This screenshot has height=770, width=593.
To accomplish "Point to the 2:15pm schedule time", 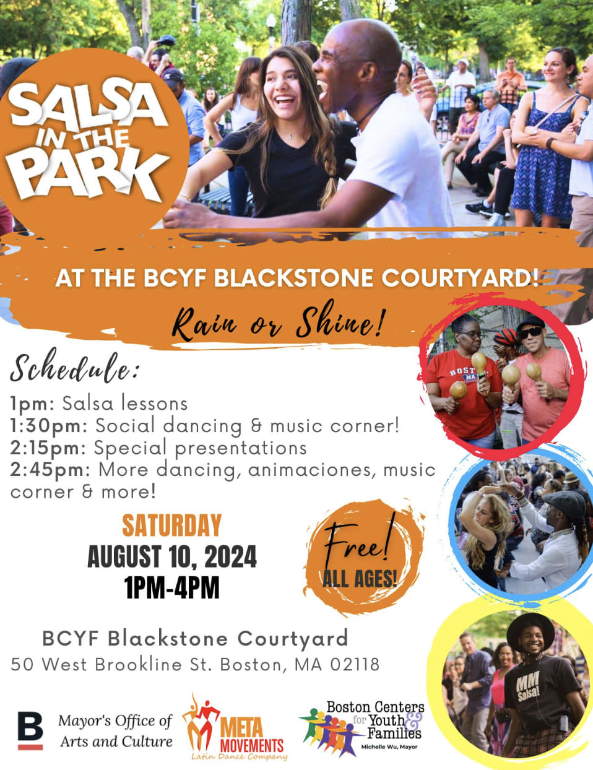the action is point(48,448).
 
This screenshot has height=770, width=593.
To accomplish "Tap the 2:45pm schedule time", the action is point(50,470).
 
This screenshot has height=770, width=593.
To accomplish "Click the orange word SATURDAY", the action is point(172,526).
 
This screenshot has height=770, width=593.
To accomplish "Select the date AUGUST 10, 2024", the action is point(172,556).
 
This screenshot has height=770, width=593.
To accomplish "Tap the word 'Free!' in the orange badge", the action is point(359,542).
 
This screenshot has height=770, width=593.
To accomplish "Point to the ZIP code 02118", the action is point(355,664).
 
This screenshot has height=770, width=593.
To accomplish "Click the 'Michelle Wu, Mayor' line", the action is point(389,747).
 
